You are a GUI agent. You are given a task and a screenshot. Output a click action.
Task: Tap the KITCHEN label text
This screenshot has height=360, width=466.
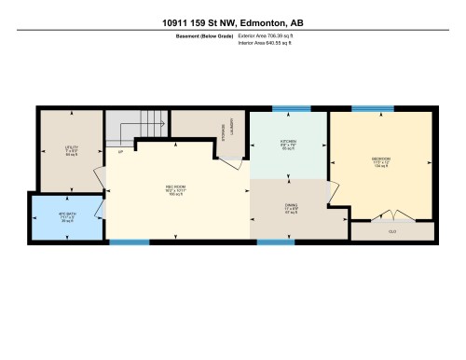tap(288, 143)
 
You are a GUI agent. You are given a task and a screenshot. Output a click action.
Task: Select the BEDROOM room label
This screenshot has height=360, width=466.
tap(380, 158)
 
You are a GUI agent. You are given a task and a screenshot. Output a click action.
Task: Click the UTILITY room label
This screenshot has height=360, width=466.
tap(71, 146)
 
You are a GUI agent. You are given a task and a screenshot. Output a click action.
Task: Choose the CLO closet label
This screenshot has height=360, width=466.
tap(392, 230)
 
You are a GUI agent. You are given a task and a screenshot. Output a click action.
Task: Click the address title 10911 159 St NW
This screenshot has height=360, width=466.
tap(233, 21)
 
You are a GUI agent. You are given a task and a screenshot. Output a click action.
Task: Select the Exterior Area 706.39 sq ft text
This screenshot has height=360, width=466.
tap(272, 35)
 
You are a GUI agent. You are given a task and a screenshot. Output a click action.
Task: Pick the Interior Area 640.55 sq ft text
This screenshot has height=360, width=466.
tap(272, 43)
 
